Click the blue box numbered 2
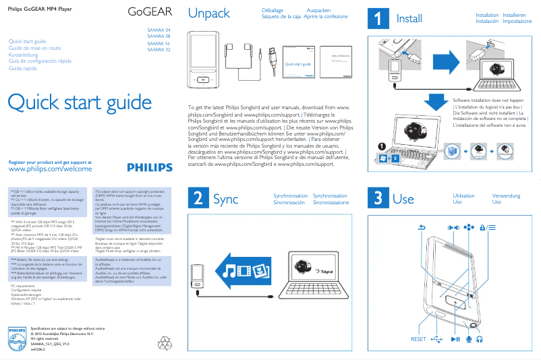(197, 198)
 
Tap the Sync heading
(225, 199)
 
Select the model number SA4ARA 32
(159, 49)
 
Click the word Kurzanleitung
(27, 55)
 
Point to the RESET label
(418, 339)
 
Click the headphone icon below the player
(480, 339)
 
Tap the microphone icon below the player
(469, 339)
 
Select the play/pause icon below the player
(455, 339)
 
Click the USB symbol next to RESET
(437, 339)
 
